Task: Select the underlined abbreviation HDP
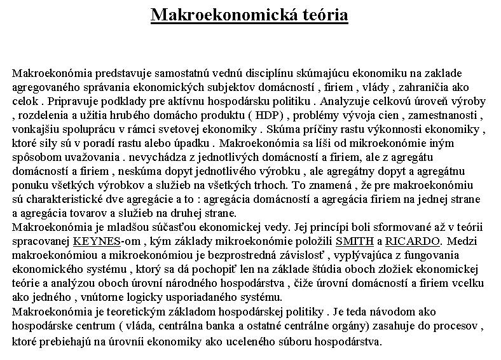coord(268,115)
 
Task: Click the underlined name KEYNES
coord(97,242)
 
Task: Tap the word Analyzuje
coord(350,101)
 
